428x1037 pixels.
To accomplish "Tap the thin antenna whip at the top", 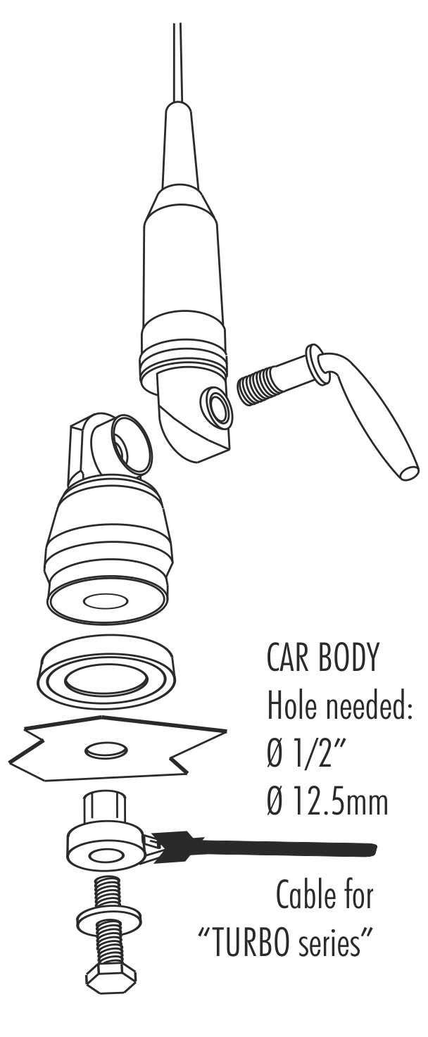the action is tap(176, 63).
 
